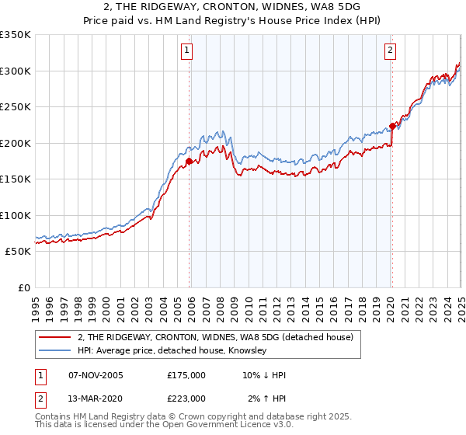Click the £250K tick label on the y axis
pyautogui.click(x=15, y=106)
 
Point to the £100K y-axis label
pyautogui.click(x=15, y=215)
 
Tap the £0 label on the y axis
pyautogui.click(x=23, y=287)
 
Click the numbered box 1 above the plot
pyautogui.click(x=188, y=52)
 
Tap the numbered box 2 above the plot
pyautogui.click(x=390, y=52)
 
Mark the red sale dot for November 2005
pyautogui.click(x=189, y=162)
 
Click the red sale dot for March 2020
pyautogui.click(x=392, y=127)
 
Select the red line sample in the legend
pyautogui.click(x=54, y=337)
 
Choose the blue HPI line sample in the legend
pyautogui.click(x=54, y=351)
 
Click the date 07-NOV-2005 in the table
pyautogui.click(x=96, y=375)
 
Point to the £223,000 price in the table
pyautogui.click(x=186, y=398)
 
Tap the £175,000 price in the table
pyautogui.click(x=186, y=375)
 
